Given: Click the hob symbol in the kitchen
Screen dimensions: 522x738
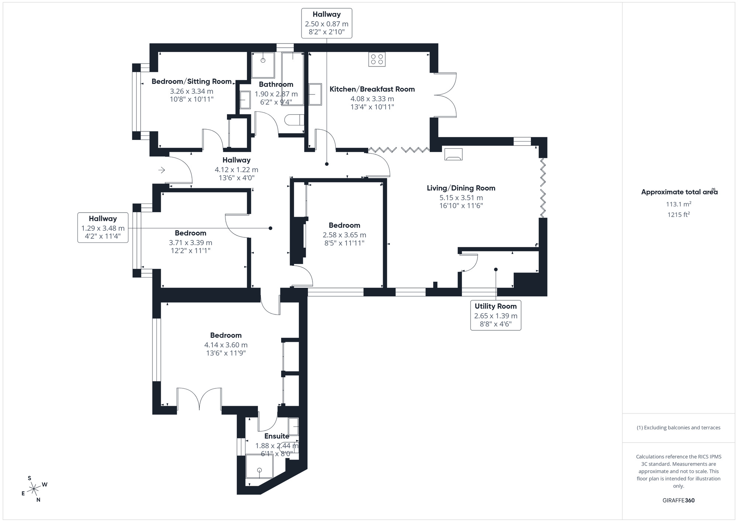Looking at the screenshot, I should (377, 59).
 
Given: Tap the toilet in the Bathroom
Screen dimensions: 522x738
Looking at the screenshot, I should (294, 120).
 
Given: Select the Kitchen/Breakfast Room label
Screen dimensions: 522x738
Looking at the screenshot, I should (372, 89).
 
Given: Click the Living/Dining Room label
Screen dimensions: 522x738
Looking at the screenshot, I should (461, 188).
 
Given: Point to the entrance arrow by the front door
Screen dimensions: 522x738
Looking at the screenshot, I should (162, 170).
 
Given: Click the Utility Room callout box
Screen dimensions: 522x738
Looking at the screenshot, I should (496, 315).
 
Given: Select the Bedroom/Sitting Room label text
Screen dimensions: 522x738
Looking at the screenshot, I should (192, 81).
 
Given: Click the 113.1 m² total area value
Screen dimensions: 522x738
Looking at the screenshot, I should (678, 204).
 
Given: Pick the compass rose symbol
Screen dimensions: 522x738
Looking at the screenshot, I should (34, 489).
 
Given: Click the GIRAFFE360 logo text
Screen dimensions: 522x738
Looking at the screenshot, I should (678, 501).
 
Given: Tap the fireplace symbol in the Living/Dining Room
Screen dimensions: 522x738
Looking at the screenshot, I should (453, 154).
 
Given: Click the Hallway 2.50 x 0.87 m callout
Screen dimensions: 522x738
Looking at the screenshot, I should (327, 23).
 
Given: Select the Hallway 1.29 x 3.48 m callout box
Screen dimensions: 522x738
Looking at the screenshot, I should (103, 227).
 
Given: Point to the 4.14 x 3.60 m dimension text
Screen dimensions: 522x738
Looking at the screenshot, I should (226, 345).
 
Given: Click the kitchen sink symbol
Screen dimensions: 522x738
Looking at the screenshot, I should (315, 94).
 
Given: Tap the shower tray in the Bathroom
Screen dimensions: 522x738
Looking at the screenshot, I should (263, 65).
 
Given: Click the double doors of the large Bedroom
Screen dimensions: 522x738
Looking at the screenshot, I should (199, 399).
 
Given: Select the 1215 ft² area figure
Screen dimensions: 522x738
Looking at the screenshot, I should (678, 214).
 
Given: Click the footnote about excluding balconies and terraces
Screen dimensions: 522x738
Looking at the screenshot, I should (678, 427).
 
